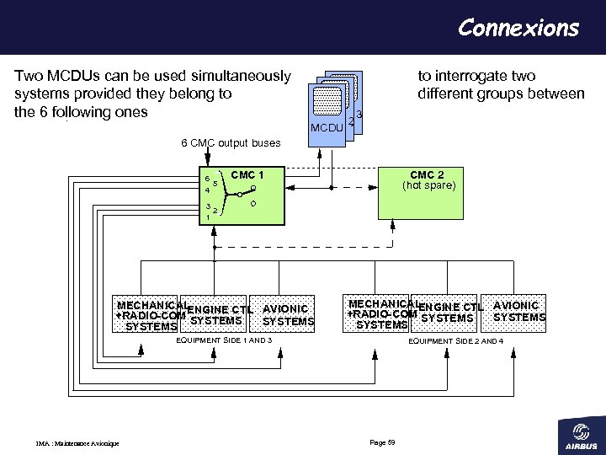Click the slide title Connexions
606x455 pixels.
[518, 28]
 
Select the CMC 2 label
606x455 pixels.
[428, 175]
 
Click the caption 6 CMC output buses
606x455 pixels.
[231, 142]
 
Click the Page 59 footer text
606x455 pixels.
[382, 443]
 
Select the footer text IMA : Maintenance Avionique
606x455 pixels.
[77, 444]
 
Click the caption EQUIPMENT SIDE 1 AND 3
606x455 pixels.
[223, 340]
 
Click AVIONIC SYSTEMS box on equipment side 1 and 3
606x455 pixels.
[288, 315]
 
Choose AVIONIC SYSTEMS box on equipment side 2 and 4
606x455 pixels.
[518, 311]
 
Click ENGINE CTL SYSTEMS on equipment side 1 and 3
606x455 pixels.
[216, 314]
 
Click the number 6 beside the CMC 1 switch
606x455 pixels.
[207, 179]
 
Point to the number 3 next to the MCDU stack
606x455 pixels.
[359, 115]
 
